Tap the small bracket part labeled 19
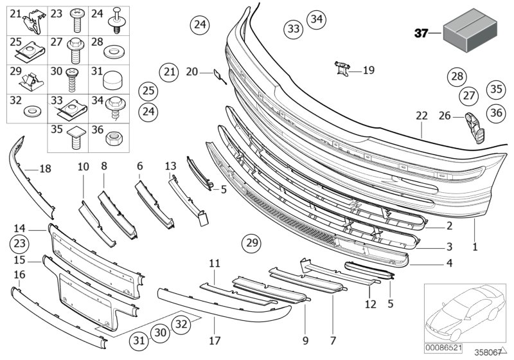pyautogui.click(x=343, y=69)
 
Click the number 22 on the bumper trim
pyautogui.click(x=421, y=116)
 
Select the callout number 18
pyautogui.click(x=44, y=169)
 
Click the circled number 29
pyautogui.click(x=252, y=243)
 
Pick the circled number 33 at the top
pyautogui.click(x=293, y=29)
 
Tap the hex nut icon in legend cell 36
pyautogui.click(x=116, y=137)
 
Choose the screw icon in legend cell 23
pyautogui.click(x=75, y=22)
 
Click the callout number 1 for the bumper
pyautogui.click(x=475, y=246)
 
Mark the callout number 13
pyautogui.click(x=170, y=166)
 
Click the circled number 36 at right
pyautogui.click(x=495, y=113)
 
